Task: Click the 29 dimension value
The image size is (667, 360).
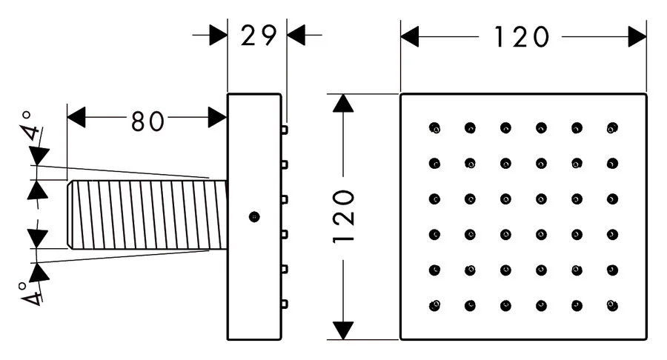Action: tap(259, 36)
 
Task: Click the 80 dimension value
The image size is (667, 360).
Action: tap(147, 121)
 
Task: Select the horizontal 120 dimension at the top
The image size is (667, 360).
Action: tap(522, 37)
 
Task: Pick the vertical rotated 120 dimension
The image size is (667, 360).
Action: tap(344, 216)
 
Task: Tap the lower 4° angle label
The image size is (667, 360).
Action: tap(30, 293)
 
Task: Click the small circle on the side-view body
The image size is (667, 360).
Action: tap(254, 217)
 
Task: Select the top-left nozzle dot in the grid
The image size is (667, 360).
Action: tap(434, 127)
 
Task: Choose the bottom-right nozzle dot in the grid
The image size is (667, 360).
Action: tap(612, 305)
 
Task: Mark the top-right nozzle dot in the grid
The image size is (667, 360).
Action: tap(612, 127)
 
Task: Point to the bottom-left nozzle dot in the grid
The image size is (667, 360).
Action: tap(434, 305)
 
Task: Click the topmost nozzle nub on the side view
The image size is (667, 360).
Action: tap(284, 130)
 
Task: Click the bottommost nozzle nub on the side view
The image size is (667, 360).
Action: tap(284, 304)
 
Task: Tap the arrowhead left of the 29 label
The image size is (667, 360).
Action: tap(218, 35)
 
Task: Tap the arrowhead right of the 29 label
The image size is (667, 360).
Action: tap(296, 35)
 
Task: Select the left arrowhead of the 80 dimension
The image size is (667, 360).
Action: tap(76, 117)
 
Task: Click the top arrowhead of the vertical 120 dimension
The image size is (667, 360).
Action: tap(343, 103)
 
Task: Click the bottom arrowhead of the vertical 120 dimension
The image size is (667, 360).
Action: tap(343, 330)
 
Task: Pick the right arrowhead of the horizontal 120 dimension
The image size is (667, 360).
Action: tap(637, 36)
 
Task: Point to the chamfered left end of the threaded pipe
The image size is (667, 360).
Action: tap(70, 215)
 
